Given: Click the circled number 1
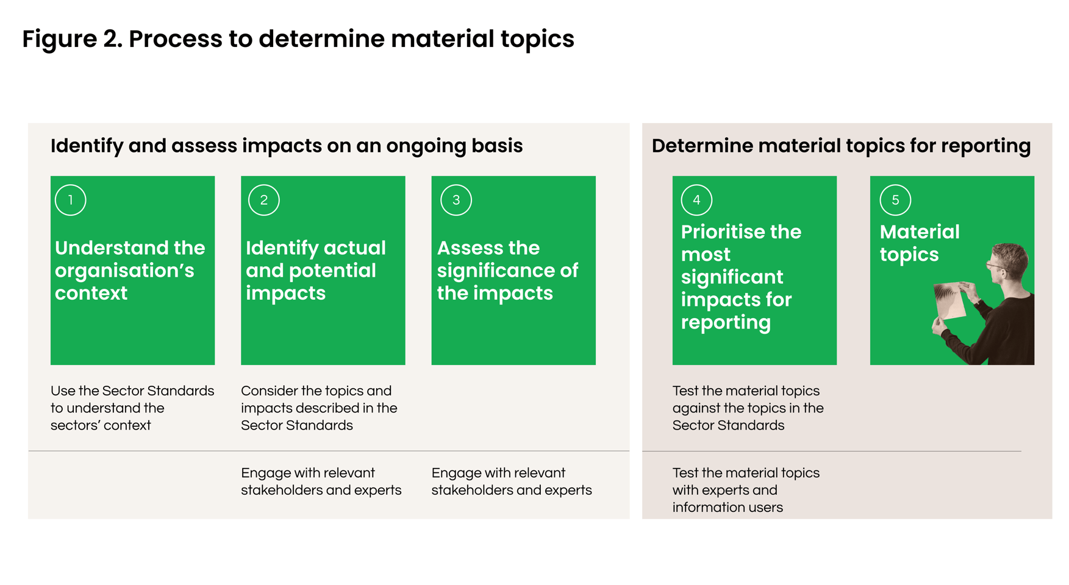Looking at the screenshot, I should [x=70, y=200].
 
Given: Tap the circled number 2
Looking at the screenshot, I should [x=263, y=200].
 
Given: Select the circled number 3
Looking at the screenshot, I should [x=456, y=200].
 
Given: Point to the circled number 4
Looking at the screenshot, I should [x=696, y=200].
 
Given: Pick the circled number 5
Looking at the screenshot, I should [x=895, y=200].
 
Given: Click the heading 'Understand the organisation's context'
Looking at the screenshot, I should [x=130, y=270].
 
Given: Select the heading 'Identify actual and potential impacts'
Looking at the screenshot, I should [x=315, y=270].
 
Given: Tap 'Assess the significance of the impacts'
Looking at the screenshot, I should [x=507, y=270].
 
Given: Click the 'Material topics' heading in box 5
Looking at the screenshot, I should [x=919, y=243].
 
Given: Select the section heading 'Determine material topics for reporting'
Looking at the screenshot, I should [x=841, y=146].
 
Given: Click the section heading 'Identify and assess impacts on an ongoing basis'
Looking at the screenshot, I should [x=287, y=146].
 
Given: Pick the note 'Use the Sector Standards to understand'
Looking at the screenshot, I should [x=132, y=408].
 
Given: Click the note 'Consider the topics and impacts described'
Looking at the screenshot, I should [x=319, y=408].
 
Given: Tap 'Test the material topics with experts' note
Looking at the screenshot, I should [x=746, y=490].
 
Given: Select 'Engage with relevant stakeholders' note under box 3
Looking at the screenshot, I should [x=511, y=481].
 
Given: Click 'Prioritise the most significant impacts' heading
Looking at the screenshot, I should [x=741, y=277].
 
